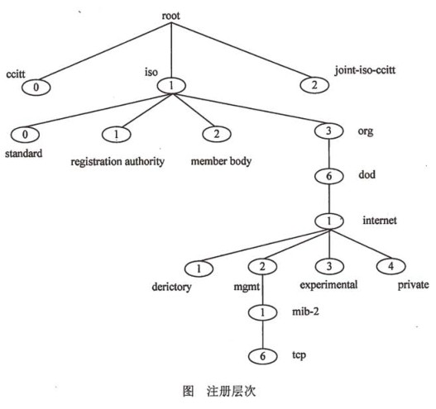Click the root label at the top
170,16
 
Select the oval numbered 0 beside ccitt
36,88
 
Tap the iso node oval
171,86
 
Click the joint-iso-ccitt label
365,70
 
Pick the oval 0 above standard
25,135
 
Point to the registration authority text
117,162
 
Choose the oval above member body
217,134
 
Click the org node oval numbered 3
329,131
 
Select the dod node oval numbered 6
329,176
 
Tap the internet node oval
329,221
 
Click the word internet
380,220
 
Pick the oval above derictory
199,269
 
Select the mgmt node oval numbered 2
262,267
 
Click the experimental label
328,285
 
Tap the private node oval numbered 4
391,266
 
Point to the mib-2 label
305,312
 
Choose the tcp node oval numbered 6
262,356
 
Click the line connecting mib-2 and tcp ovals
263,335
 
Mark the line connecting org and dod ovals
329,153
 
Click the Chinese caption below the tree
219,391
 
